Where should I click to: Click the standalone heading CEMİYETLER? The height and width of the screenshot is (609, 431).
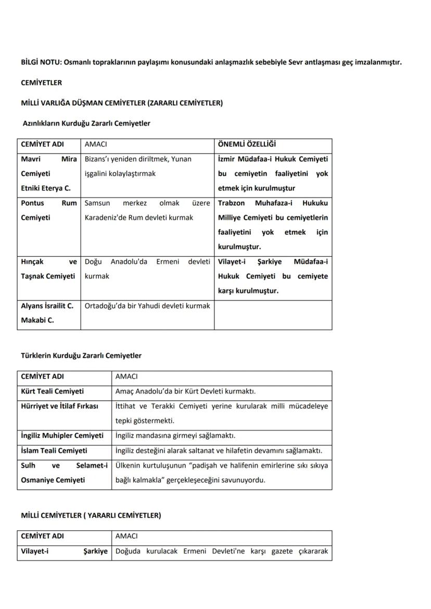tap(41, 82)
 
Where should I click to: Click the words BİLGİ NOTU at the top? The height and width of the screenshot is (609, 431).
tap(40, 62)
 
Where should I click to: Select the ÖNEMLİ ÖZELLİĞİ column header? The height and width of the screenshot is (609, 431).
tap(247, 144)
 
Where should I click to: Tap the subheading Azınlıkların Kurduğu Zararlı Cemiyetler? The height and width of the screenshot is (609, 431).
tap(86, 123)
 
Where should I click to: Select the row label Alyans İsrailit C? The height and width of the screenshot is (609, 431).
tap(47, 306)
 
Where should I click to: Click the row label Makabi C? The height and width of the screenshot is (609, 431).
tap(37, 320)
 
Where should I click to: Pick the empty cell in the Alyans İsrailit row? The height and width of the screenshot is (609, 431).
tap(273, 314)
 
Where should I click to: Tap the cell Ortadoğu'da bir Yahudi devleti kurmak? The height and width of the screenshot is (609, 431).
tap(147, 306)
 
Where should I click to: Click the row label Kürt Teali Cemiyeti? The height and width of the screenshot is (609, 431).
tap(52, 391)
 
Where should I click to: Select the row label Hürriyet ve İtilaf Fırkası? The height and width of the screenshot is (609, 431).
tap(59, 406)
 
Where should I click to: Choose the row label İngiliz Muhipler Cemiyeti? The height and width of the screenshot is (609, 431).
tap(62, 435)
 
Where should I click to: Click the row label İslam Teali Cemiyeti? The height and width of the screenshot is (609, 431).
tap(54, 450)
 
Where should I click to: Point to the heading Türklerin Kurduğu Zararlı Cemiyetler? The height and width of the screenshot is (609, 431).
tap(81, 356)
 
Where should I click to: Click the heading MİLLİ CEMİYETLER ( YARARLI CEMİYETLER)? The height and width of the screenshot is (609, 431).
tap(91, 515)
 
